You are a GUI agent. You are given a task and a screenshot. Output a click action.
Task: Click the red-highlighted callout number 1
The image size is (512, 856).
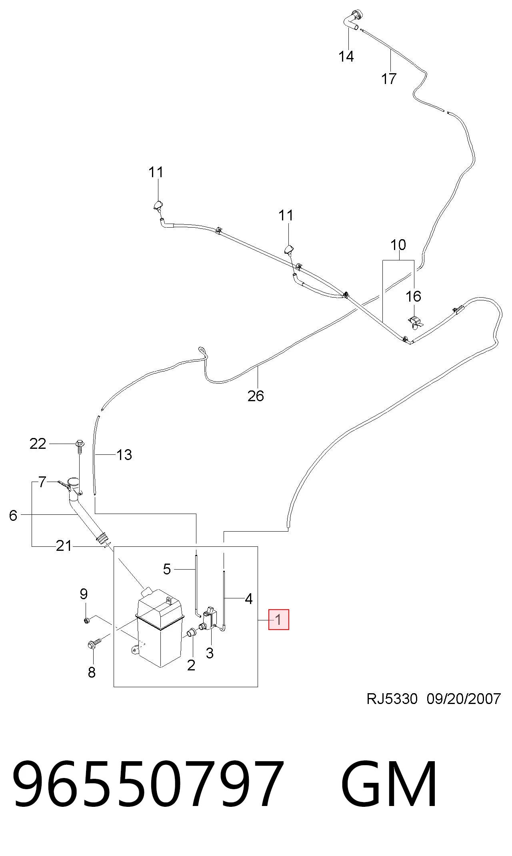(x=278, y=620)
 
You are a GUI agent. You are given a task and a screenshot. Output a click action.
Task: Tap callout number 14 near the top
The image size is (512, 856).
(x=346, y=56)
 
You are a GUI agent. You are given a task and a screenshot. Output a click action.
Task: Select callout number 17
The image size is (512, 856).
(x=389, y=79)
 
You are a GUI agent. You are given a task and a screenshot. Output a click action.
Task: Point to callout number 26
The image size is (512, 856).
(x=256, y=396)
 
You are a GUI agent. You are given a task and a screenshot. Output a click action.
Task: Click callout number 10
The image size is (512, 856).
(x=398, y=245)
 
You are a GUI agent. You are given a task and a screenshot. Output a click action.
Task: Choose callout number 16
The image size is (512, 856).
(x=413, y=296)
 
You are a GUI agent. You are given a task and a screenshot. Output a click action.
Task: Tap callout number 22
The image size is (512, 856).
(x=38, y=444)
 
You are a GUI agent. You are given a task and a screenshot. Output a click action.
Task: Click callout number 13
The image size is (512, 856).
(x=124, y=455)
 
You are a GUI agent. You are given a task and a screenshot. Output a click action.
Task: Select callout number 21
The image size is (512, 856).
(x=64, y=546)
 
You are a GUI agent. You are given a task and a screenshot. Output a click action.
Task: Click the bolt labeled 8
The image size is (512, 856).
(x=94, y=643)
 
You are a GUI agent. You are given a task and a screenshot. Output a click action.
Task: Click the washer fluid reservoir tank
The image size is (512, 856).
(x=159, y=627)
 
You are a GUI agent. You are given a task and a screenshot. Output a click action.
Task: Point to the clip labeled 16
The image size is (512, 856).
(x=415, y=322)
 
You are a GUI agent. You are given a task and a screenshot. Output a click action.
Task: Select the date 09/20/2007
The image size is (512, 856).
(x=464, y=699)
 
